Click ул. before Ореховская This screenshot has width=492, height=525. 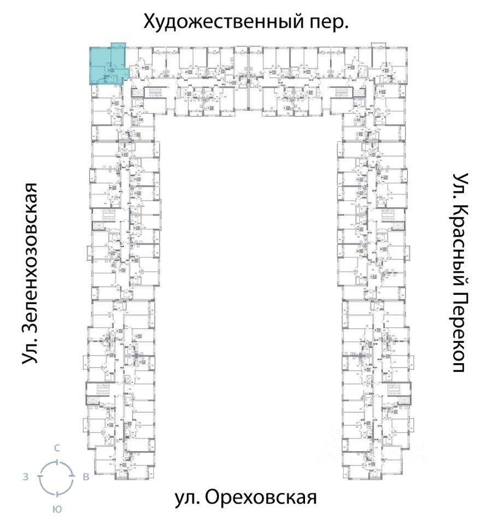coord(186,498)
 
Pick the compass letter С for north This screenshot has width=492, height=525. coord(57,448)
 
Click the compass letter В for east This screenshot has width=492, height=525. coord(86,477)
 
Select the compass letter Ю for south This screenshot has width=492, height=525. coord(56,509)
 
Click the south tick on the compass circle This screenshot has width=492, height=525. coord(56,492)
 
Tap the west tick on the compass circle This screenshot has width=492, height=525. coord(40,477)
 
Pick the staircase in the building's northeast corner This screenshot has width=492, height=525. coord(341,94)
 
